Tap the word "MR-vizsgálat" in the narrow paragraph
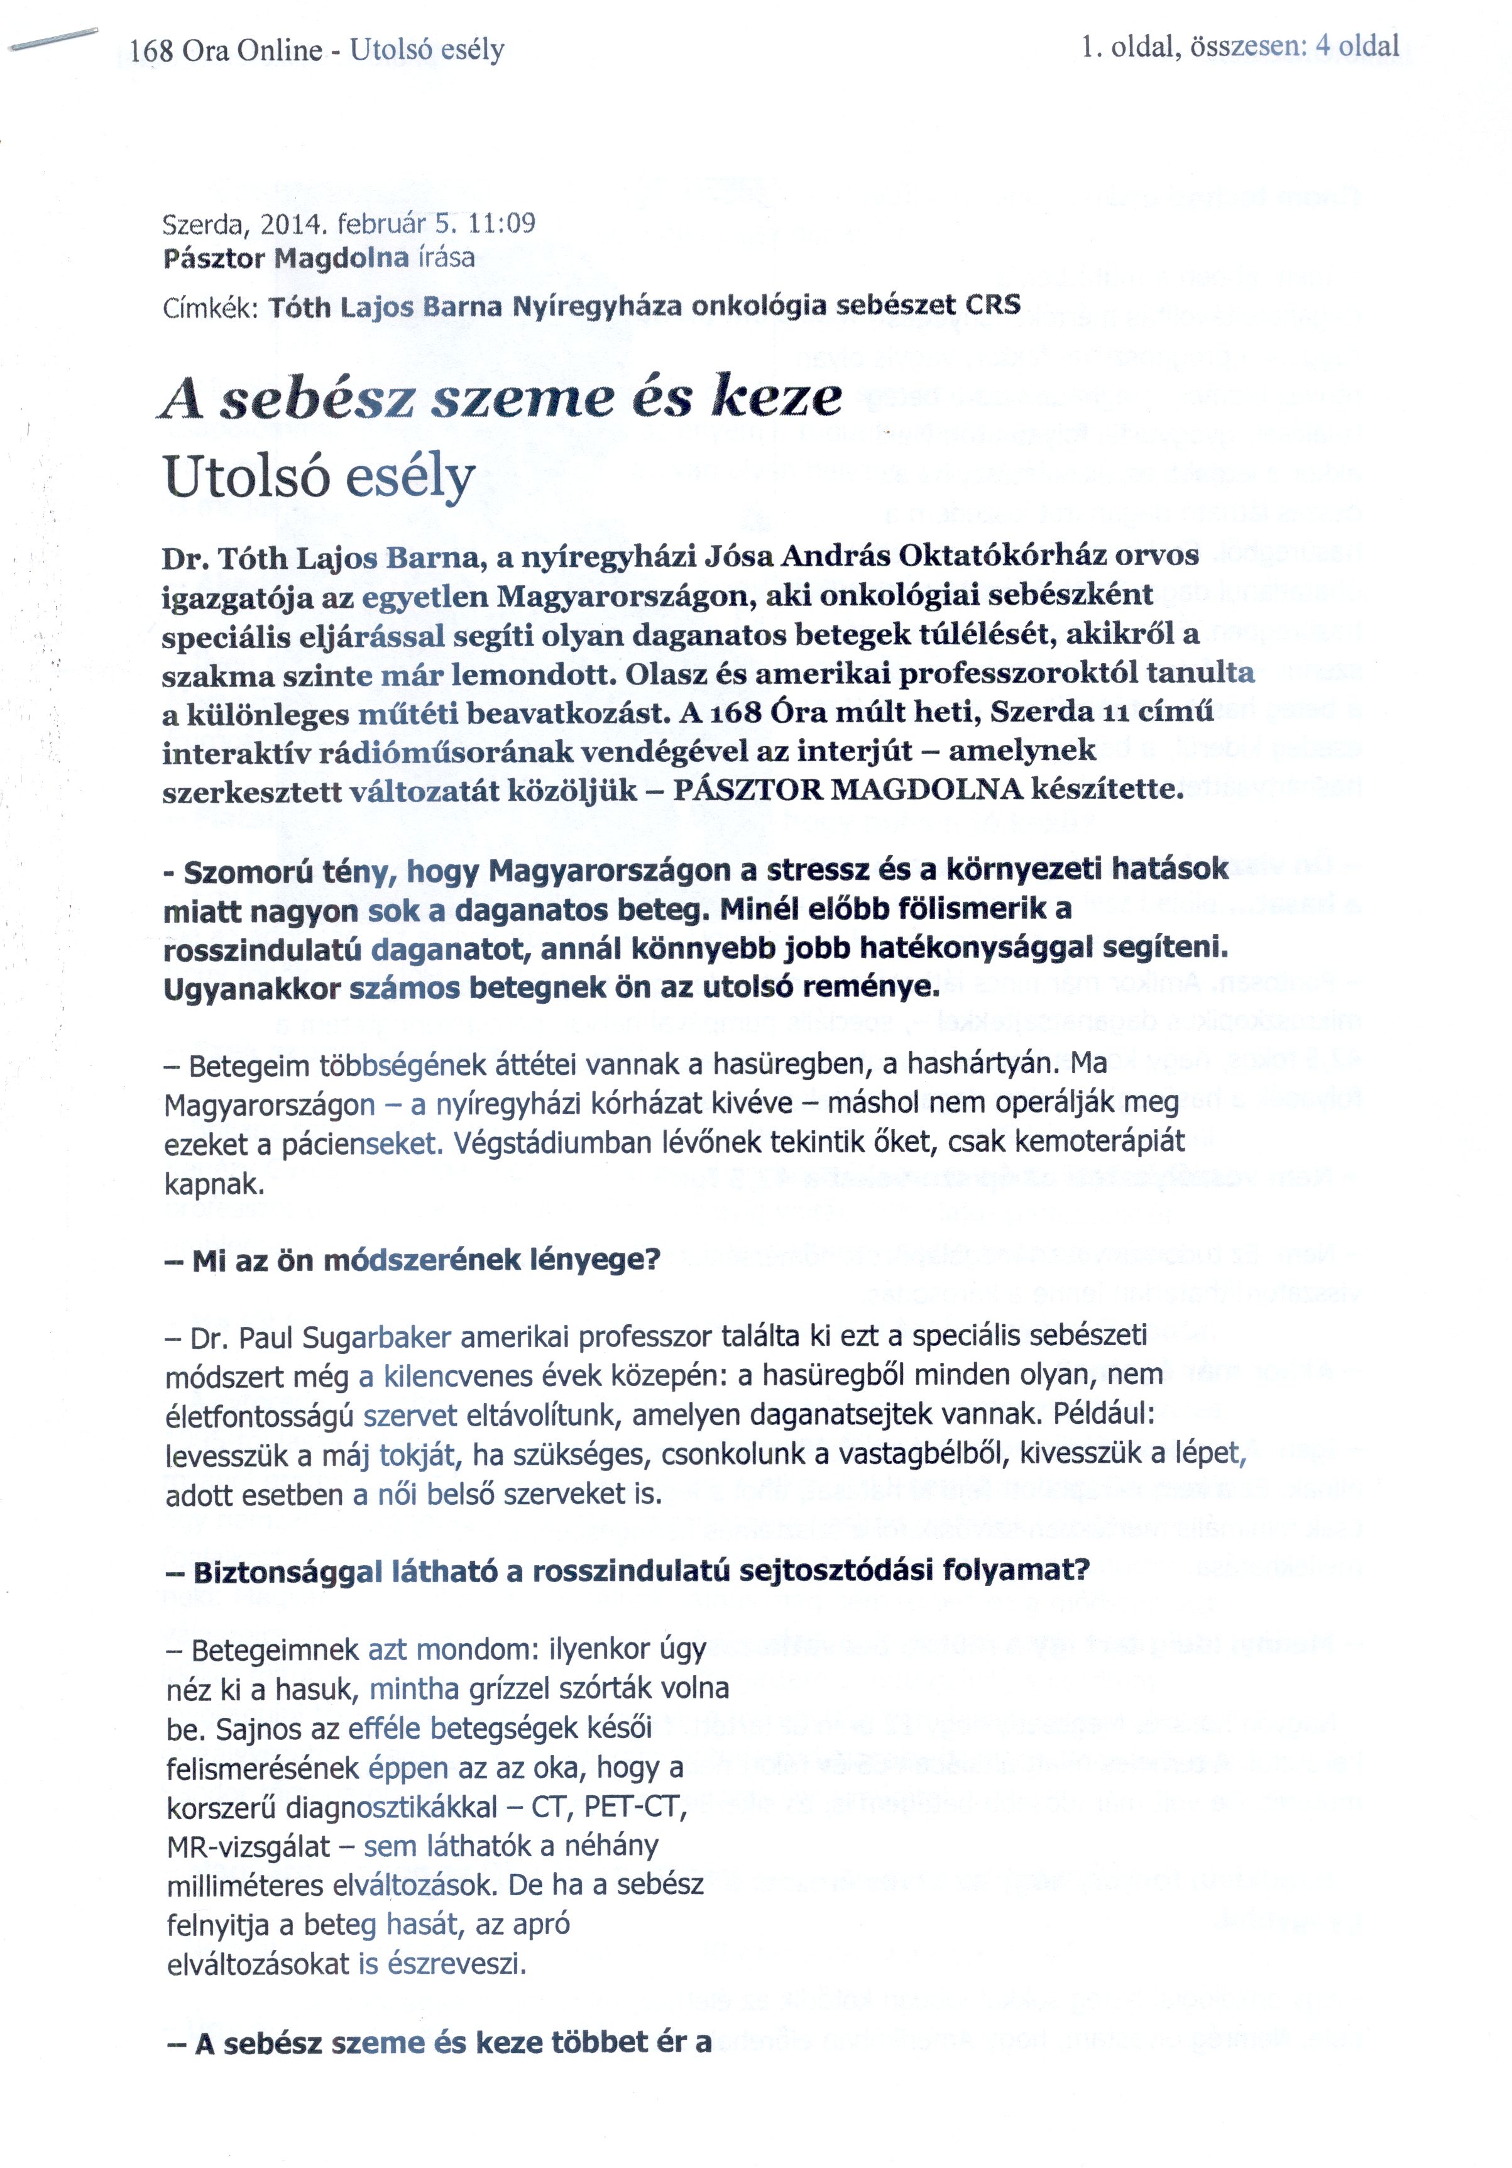(x=248, y=1846)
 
